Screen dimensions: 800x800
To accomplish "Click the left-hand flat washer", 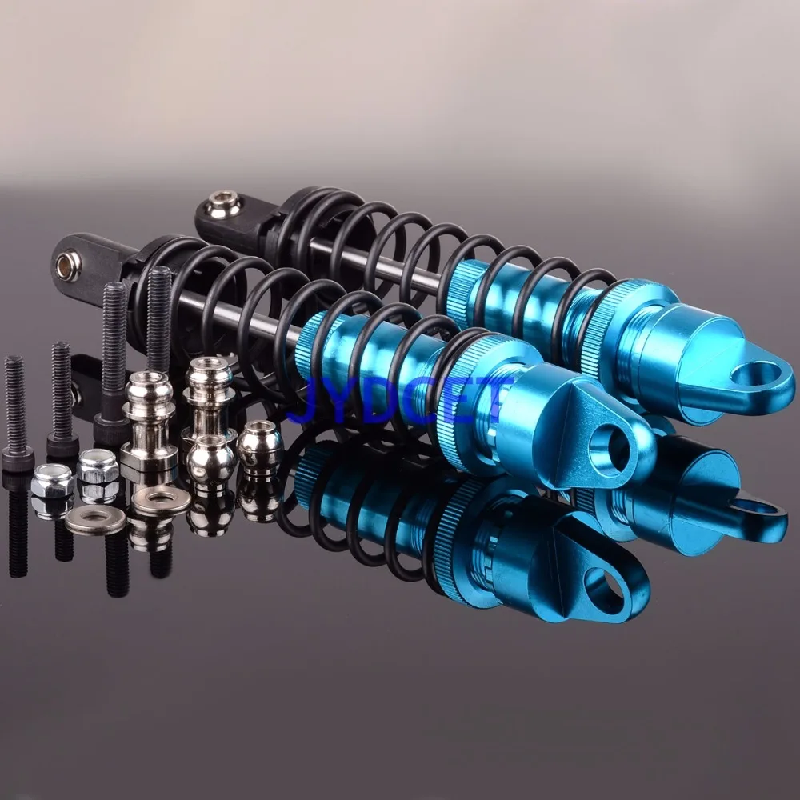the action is coord(95,520).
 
